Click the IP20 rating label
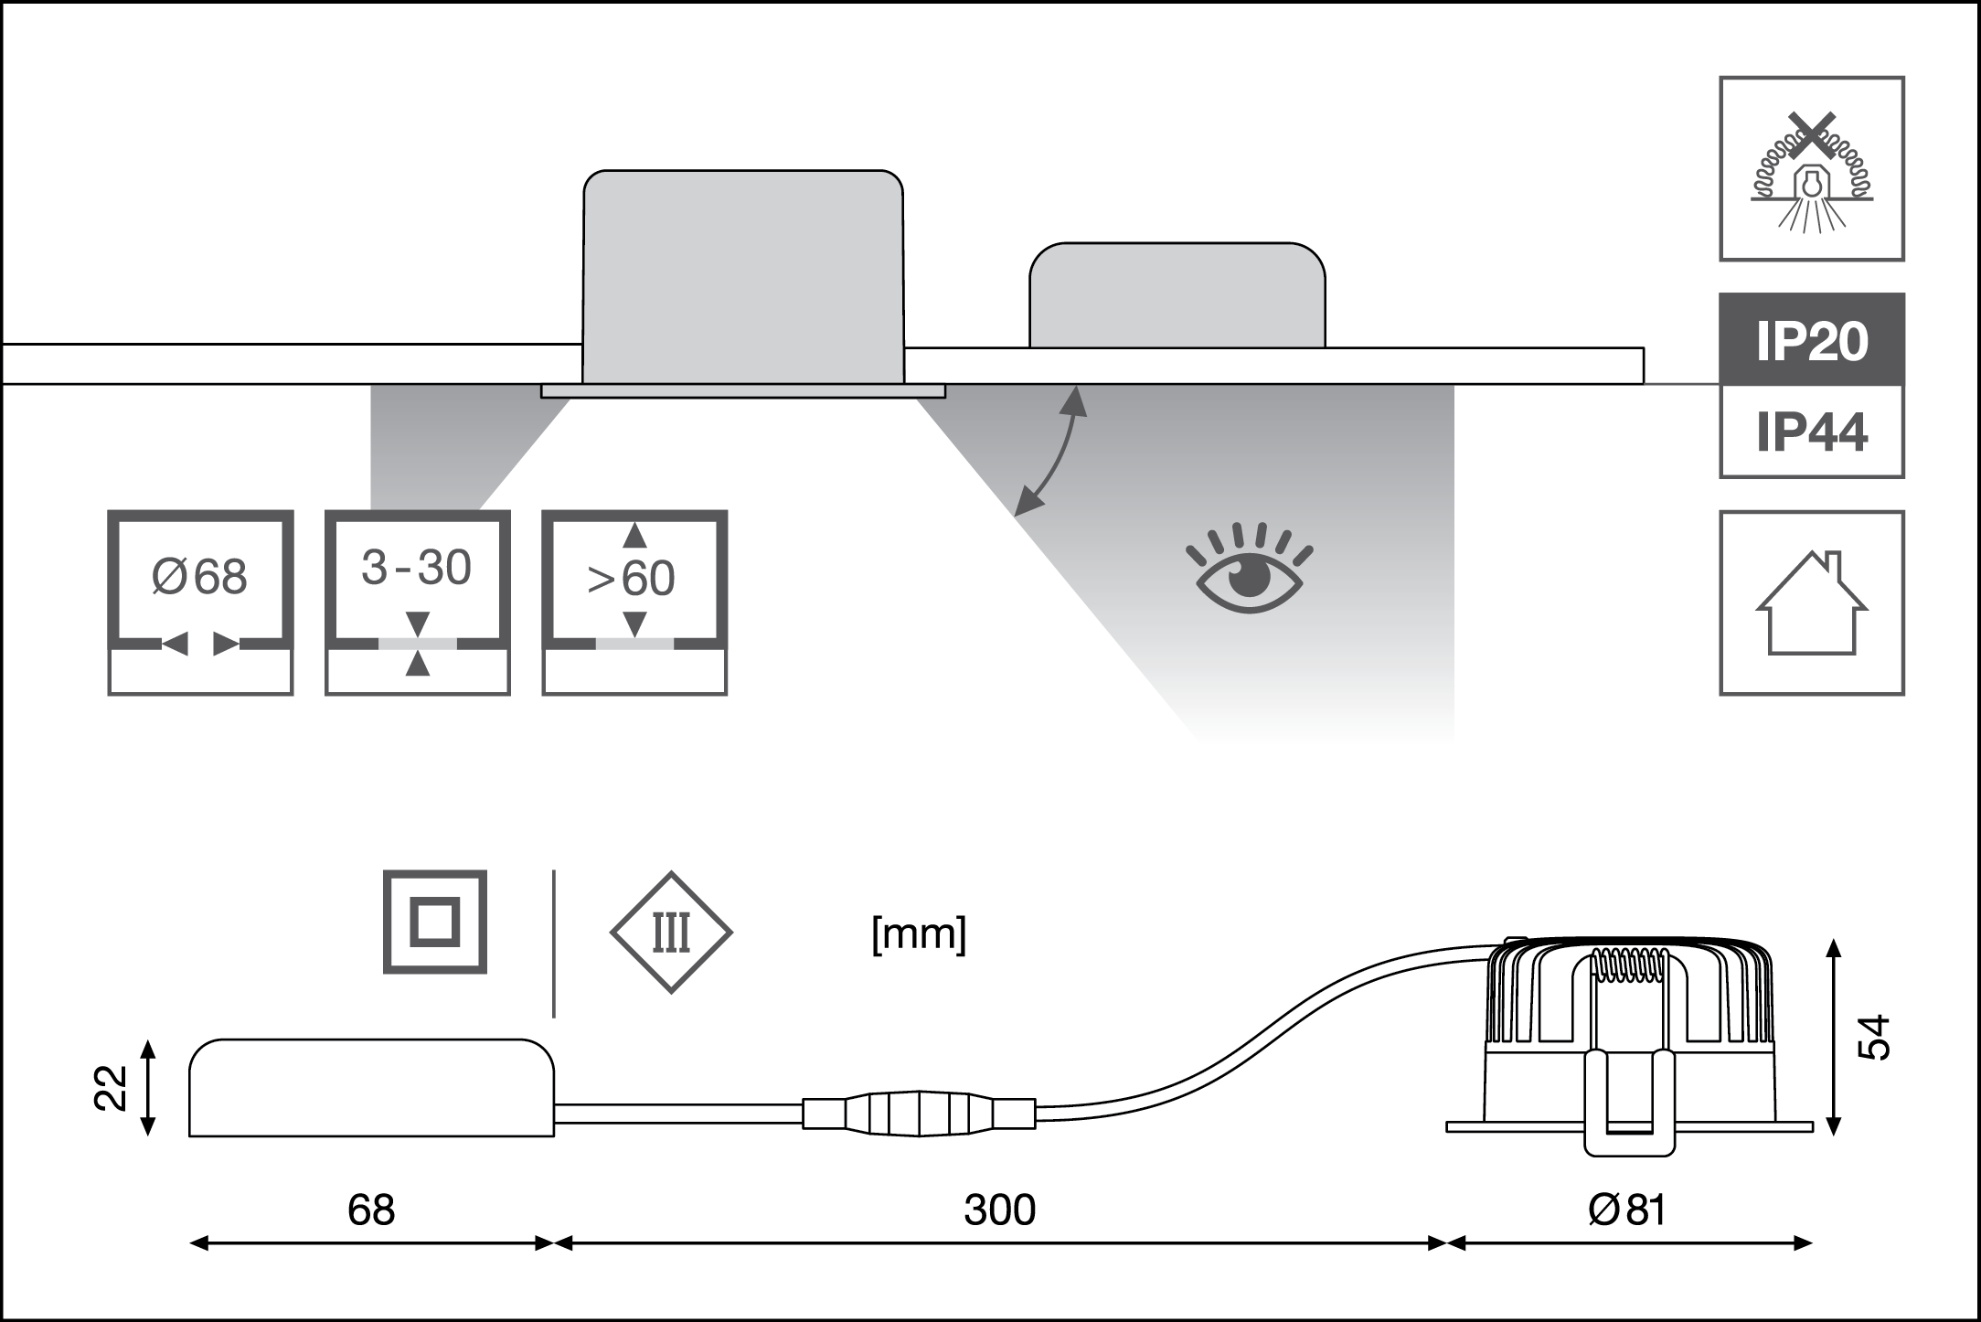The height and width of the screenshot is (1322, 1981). pos(1812,342)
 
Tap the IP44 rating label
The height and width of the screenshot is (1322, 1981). pos(1812,432)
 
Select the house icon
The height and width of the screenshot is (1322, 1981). pos(1811,603)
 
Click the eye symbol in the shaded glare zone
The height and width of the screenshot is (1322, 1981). pos(1249,572)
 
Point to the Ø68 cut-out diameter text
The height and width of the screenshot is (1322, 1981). pos(199,578)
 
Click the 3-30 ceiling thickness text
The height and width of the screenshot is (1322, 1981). pos(416,568)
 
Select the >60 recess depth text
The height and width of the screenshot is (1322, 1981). pos(631,578)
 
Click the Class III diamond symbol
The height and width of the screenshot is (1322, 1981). pos(671,933)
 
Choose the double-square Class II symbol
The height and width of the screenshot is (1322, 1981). pos(434,922)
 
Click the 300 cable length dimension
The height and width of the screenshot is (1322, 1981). pos(1000,1210)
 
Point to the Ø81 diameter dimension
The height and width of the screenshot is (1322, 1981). pos(1628,1210)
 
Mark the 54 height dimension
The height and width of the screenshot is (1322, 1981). pos(1870,1037)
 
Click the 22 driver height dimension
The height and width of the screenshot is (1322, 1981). pos(112,1088)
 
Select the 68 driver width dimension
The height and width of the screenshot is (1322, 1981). pos(371,1210)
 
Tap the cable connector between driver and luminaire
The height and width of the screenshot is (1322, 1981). pos(919,1114)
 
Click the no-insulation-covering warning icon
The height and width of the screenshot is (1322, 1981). pos(1811,168)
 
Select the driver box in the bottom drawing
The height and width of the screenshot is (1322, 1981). pos(371,1088)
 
